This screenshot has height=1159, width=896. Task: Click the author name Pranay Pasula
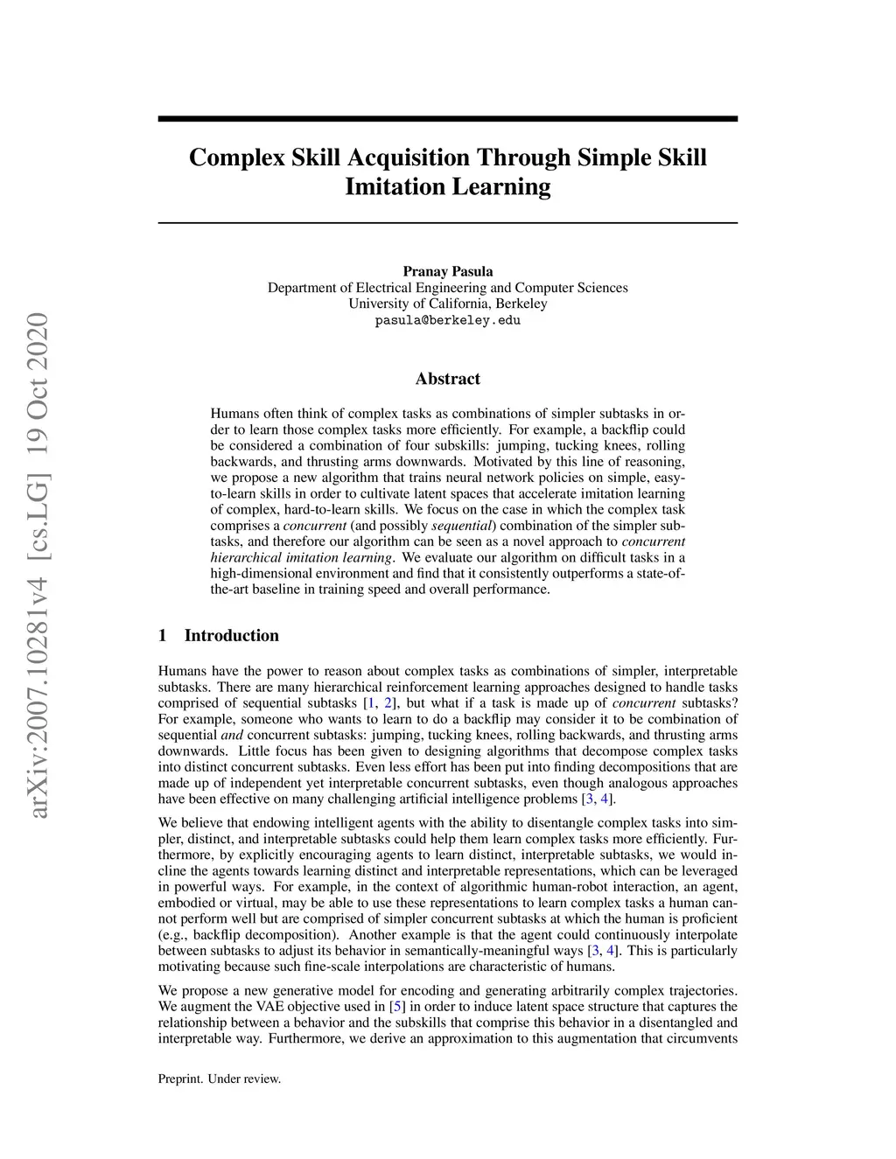click(447, 271)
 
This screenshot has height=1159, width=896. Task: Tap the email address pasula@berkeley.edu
click(447, 320)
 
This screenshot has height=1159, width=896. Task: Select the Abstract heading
click(447, 379)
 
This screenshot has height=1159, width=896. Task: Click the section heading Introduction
click(231, 636)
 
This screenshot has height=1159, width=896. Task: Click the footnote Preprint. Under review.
click(220, 1079)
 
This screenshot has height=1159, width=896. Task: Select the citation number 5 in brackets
click(395, 1006)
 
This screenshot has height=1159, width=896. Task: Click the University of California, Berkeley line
click(447, 304)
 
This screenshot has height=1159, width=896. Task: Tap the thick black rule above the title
click(447, 119)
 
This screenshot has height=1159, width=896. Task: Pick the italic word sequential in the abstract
click(463, 526)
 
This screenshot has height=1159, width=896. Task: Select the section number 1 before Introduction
click(163, 636)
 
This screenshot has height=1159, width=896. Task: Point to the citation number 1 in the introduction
click(371, 703)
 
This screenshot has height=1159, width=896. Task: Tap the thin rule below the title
click(447, 223)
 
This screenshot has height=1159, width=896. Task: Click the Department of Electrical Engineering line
click(447, 288)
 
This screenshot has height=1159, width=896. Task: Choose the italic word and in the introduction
click(232, 735)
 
